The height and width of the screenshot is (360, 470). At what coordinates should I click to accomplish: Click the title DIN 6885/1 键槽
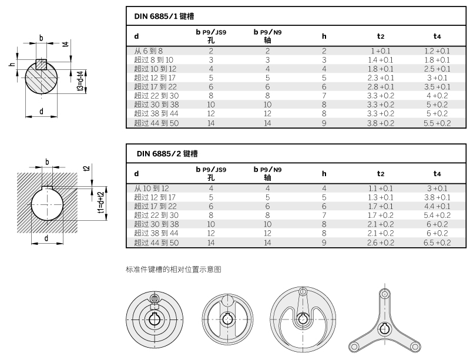click(164, 16)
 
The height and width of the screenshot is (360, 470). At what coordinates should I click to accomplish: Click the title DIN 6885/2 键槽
click(167, 154)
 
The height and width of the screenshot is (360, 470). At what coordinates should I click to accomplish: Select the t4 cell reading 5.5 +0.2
click(437, 123)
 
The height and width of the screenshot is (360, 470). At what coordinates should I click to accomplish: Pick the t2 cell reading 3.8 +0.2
click(381, 123)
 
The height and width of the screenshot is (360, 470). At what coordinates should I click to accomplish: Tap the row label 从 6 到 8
click(149, 51)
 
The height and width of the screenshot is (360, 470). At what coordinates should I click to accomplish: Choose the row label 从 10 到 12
click(152, 189)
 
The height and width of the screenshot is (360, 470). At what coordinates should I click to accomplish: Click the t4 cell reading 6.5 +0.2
click(437, 243)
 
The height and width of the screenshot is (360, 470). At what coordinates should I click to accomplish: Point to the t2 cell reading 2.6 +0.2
click(381, 243)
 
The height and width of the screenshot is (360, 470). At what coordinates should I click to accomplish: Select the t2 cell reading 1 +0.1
click(381, 51)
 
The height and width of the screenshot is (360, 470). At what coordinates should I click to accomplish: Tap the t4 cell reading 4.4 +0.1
click(437, 206)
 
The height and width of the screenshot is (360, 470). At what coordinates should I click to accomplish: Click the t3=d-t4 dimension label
click(80, 81)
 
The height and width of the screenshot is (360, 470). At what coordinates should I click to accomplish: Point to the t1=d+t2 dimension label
click(101, 203)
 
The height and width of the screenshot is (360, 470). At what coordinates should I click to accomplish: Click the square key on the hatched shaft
click(41, 64)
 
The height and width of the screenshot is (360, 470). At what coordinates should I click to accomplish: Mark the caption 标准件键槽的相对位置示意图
click(173, 269)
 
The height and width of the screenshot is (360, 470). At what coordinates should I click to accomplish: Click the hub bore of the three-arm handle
click(384, 329)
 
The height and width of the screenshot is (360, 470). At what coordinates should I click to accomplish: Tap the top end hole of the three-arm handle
click(384, 294)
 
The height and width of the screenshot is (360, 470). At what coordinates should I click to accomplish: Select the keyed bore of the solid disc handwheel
click(155, 319)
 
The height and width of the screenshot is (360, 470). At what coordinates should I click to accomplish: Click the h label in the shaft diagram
click(12, 64)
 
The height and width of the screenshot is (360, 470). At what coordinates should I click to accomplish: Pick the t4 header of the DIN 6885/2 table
click(437, 174)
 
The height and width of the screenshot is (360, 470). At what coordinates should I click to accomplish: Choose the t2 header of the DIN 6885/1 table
click(381, 36)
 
